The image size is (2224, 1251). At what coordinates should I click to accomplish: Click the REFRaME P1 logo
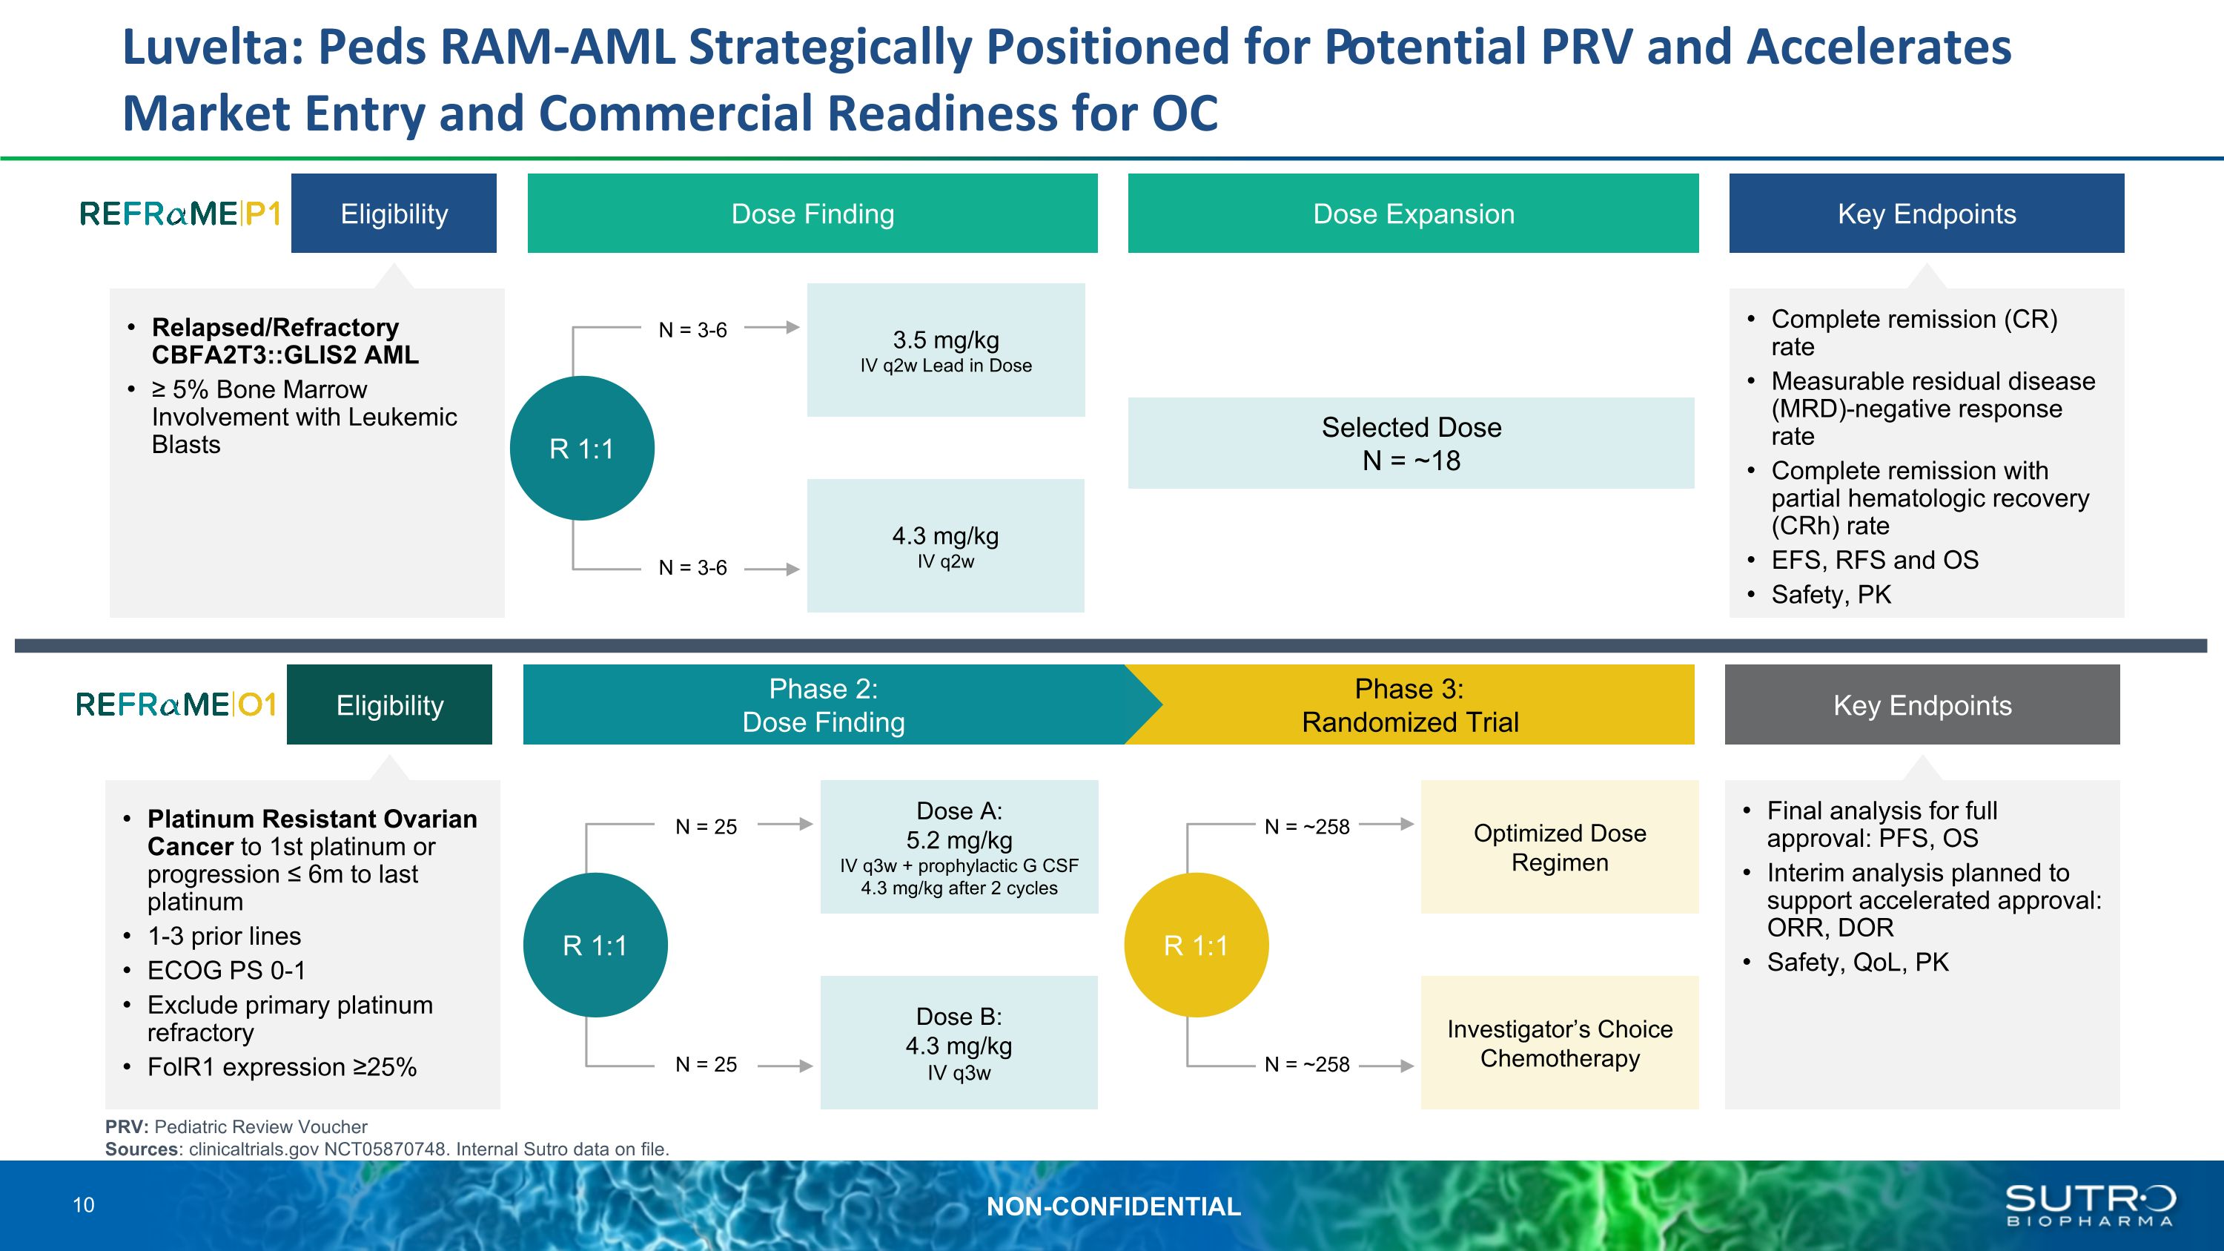click(x=179, y=214)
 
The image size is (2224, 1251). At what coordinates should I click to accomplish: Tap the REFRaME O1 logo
click(x=176, y=704)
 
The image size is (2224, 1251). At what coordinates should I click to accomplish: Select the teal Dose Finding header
click(x=812, y=214)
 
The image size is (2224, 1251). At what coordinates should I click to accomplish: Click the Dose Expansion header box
click(x=1412, y=214)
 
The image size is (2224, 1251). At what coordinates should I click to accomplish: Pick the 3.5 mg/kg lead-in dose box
click(x=945, y=350)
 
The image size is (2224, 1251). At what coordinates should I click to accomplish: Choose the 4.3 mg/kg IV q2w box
click(x=945, y=546)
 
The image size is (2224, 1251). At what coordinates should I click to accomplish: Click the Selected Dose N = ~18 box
click(x=1411, y=443)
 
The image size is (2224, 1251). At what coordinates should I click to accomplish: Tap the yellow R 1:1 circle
click(x=1196, y=945)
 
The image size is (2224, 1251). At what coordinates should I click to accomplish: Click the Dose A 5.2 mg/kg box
click(x=959, y=846)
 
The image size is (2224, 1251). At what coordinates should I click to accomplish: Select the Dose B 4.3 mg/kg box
click(x=959, y=1042)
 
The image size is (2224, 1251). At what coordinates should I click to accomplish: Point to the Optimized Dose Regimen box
click(x=1559, y=846)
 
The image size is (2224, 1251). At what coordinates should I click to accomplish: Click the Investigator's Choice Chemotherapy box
click(x=1559, y=1042)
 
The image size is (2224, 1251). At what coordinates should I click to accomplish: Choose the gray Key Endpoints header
click(x=1922, y=704)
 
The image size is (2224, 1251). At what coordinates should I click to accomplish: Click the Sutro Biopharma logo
click(x=2089, y=1205)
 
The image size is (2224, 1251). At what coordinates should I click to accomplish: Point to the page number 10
click(x=84, y=1205)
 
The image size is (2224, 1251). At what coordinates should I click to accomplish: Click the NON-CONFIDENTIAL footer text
click(x=1113, y=1206)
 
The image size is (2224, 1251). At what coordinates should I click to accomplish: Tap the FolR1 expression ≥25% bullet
click(x=282, y=1067)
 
